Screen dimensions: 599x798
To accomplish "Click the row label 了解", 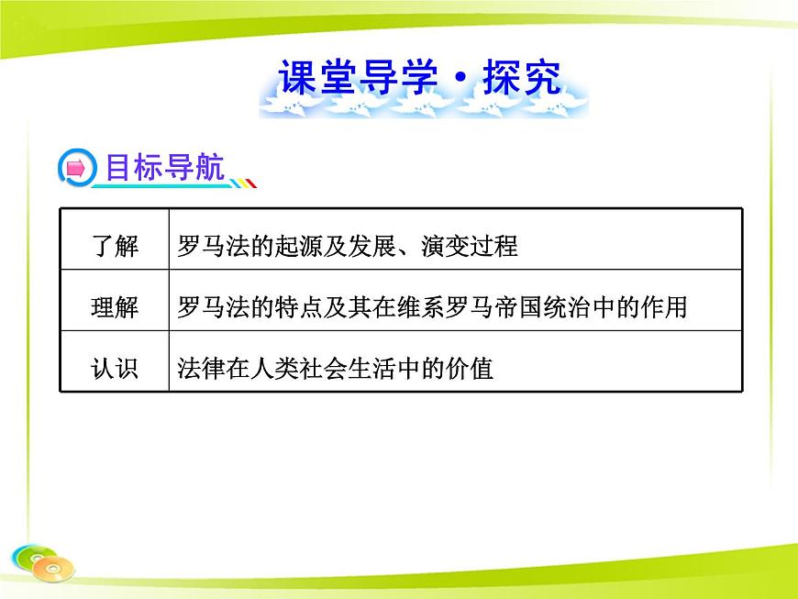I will point(115,246).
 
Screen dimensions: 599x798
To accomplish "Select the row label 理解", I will point(115,307).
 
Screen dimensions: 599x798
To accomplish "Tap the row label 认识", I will point(115,368).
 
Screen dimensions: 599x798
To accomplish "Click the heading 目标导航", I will point(164,168).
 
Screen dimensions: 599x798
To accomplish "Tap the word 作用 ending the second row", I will point(664,307).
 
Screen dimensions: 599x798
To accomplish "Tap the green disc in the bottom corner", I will point(28,556).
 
